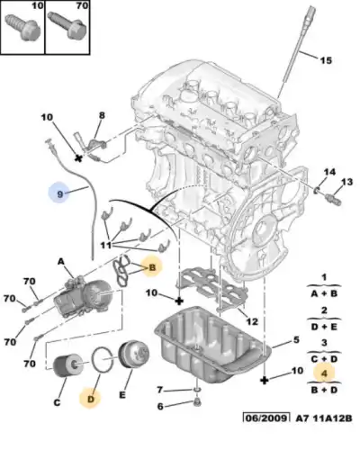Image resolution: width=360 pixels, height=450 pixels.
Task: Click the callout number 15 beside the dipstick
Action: point(326,60)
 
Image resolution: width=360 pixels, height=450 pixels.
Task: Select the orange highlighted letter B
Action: point(153,267)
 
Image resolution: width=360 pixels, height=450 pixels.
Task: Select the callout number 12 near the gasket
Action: point(253,321)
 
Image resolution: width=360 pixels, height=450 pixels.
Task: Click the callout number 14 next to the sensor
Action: point(328,172)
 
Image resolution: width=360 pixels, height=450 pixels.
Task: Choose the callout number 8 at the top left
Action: point(102,115)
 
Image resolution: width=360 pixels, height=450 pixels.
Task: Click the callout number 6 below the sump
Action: point(161,407)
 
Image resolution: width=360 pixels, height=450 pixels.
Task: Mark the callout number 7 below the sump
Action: point(161,390)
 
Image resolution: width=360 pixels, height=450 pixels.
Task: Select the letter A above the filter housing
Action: point(62,261)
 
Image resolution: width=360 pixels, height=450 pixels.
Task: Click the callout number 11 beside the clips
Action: point(105,245)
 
